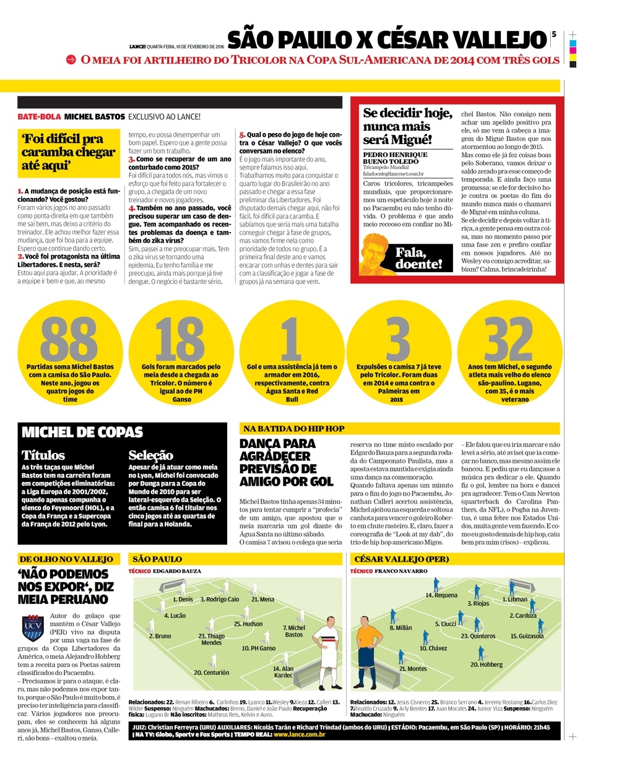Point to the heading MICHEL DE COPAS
(82, 432)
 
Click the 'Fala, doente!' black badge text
(419, 259)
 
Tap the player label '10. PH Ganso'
(259, 648)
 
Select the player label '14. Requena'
(441, 595)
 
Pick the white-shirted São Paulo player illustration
(326, 650)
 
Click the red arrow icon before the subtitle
(71, 60)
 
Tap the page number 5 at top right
(554, 35)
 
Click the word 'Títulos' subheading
(43, 455)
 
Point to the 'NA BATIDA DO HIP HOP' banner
(294, 428)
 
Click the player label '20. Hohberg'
(487, 664)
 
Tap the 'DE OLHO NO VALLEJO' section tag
(66, 559)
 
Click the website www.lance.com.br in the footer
(299, 734)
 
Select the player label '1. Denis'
(183, 599)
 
